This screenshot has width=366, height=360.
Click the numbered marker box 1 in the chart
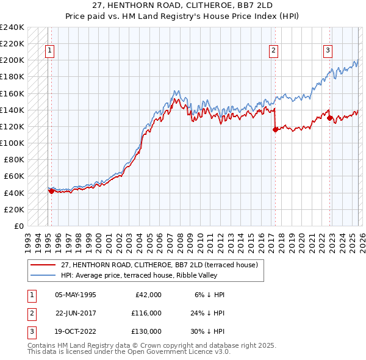[x=49, y=51]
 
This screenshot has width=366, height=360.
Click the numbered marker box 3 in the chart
[x=328, y=51]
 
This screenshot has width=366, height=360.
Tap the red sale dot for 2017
[x=275, y=129]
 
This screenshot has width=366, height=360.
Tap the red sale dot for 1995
[x=51, y=191]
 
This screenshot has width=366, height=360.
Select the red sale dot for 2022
[x=330, y=118]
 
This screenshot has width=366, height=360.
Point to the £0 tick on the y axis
[x=19, y=226]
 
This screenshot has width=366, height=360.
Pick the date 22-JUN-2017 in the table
[x=76, y=313]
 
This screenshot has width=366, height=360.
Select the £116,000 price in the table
[x=146, y=313]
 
